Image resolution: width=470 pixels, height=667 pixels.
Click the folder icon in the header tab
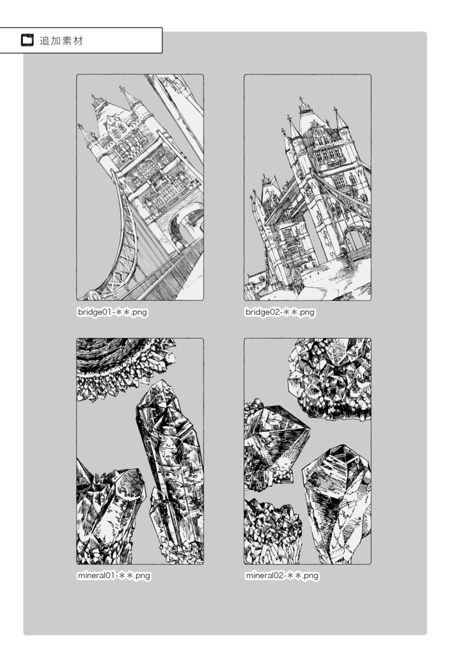pyautogui.click(x=27, y=40)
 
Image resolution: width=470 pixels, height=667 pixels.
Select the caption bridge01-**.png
pyautogui.click(x=113, y=312)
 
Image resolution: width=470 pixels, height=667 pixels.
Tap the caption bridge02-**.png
pyautogui.click(x=280, y=312)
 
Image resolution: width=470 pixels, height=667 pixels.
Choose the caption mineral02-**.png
pyautogui.click(x=283, y=576)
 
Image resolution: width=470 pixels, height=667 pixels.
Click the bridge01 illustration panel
pyautogui.click(x=140, y=188)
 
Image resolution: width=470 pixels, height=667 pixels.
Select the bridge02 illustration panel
pyautogui.click(x=307, y=188)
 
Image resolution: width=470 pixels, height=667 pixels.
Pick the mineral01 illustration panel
pyautogui.click(x=140, y=451)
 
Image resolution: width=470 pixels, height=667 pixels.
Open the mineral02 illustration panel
pyautogui.click(x=307, y=451)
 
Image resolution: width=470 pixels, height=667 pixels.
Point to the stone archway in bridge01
pyautogui.click(x=186, y=228)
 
